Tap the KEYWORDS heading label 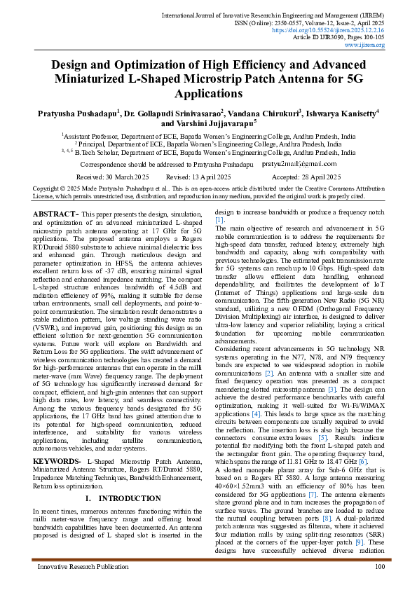click(x=58, y=461)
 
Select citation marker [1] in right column click(x=219, y=219)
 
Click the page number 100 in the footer click(x=379, y=566)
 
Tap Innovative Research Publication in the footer click(x=78, y=566)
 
